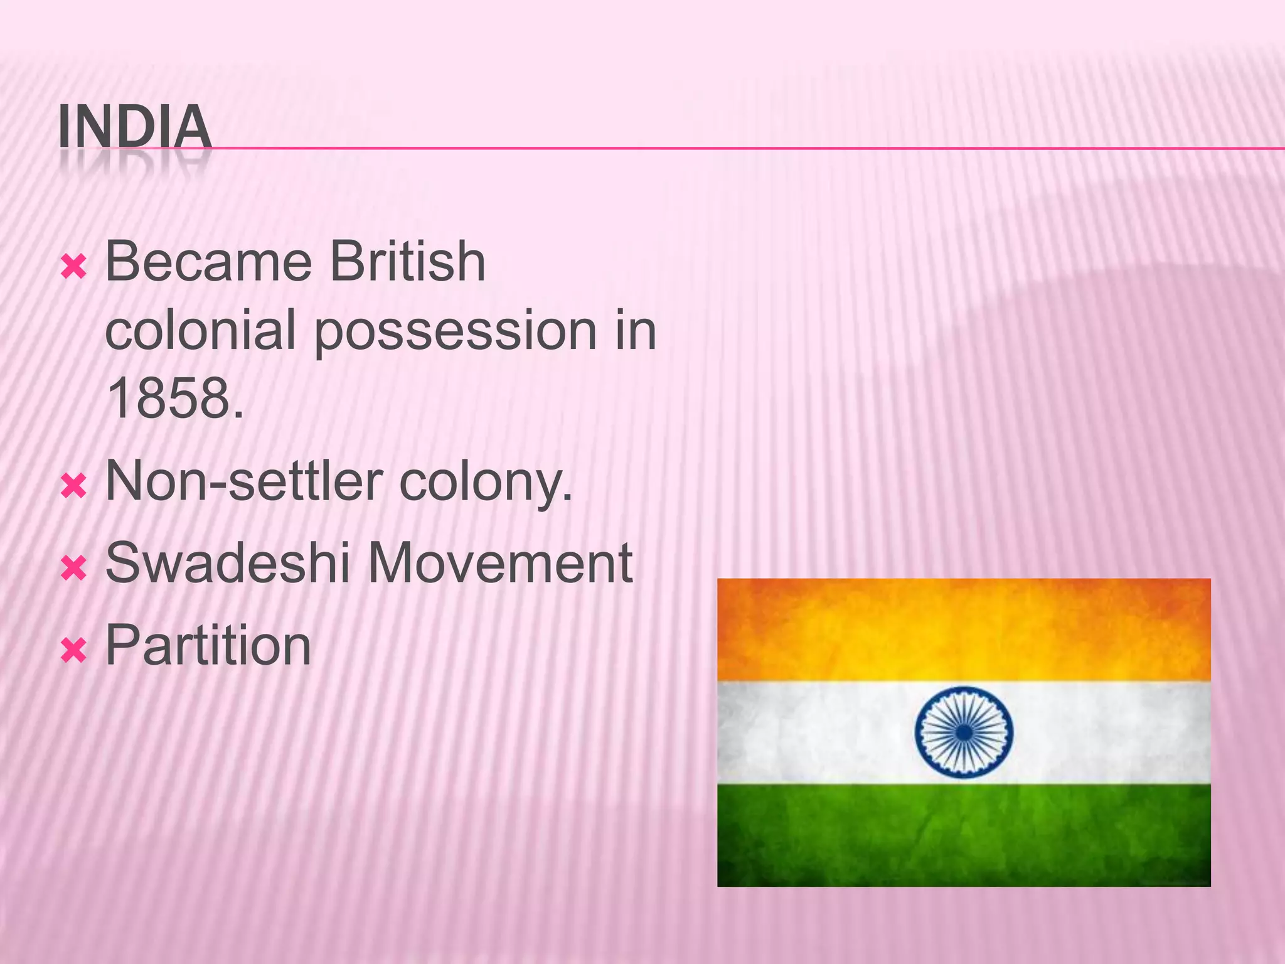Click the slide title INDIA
tap(134, 127)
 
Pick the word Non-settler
tap(245, 481)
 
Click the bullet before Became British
tap(73, 267)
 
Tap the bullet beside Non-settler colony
tap(73, 487)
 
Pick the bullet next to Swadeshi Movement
tap(73, 569)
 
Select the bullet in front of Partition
tap(73, 651)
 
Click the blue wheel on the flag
tap(964, 732)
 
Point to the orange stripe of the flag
tap(964, 629)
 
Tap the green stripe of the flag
tap(964, 835)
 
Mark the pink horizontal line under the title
tap(753, 149)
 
